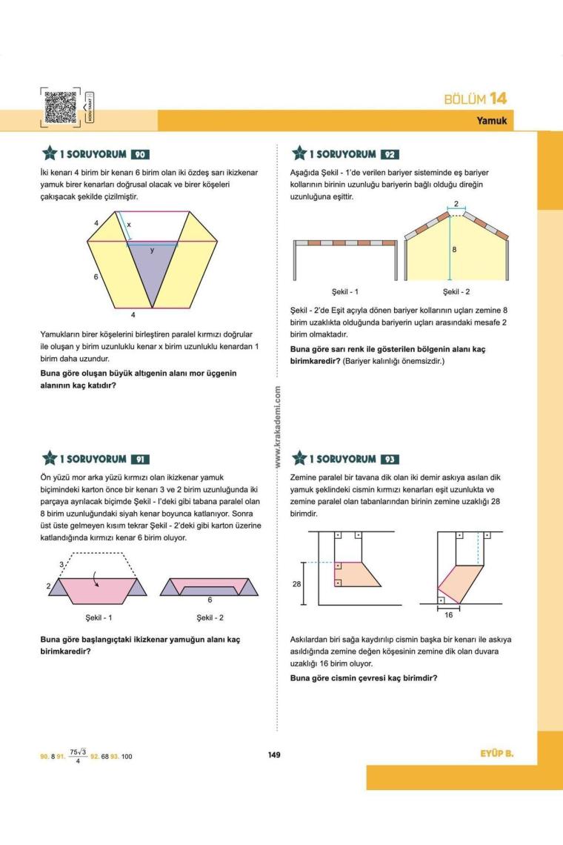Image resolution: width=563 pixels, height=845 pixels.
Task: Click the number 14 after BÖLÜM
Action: point(498,99)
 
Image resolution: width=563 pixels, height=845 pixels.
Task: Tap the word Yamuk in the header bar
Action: point(492,121)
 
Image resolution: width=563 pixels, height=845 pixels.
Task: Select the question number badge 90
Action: point(141,155)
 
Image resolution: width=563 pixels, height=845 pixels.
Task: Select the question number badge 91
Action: point(141,460)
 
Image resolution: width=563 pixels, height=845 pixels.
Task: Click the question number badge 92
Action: point(390,155)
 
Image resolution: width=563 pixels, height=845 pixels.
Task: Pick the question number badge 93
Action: point(390,460)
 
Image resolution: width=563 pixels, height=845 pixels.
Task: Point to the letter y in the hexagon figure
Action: point(153,250)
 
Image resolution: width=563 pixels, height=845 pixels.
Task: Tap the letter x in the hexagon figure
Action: point(129,223)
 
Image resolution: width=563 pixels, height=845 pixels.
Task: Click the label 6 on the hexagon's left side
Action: point(96,275)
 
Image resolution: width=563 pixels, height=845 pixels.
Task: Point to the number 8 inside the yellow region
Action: point(454,250)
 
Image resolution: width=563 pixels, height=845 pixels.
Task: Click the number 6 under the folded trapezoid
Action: point(210,599)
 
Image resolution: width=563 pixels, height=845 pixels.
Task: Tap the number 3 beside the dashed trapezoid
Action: point(62,565)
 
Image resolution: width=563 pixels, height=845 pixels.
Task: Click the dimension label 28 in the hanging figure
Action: point(298,584)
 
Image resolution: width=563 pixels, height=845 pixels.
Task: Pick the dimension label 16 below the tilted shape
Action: point(447,615)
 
